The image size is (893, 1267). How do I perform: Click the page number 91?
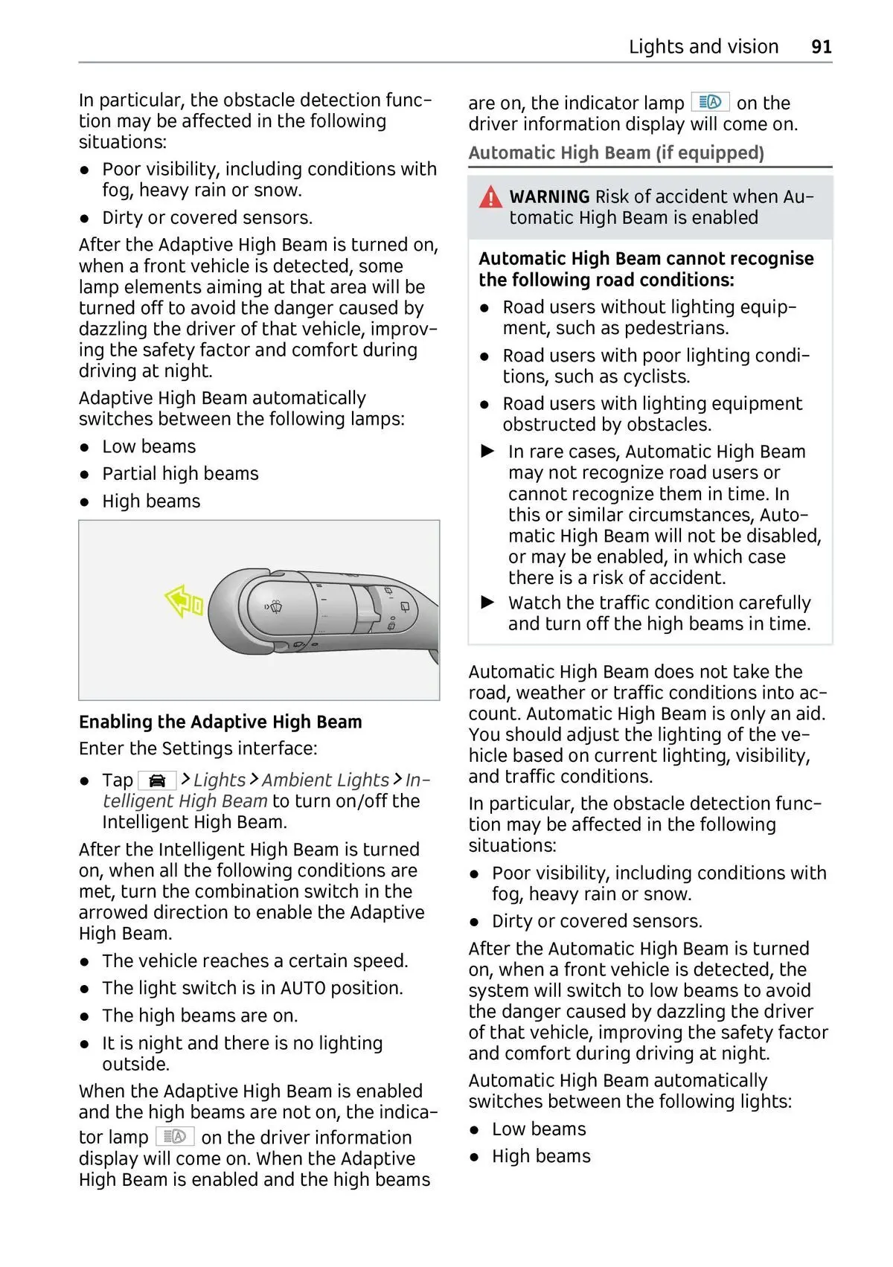pyautogui.click(x=821, y=47)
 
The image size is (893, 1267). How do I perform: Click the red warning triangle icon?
pyautogui.click(x=490, y=197)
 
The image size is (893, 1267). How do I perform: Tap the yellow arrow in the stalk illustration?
pyautogui.click(x=183, y=601)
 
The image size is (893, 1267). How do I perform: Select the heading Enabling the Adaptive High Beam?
pyautogui.click(x=220, y=722)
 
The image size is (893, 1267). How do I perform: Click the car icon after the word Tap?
pyautogui.click(x=157, y=780)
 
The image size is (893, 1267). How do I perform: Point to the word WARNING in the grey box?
pyautogui.click(x=549, y=196)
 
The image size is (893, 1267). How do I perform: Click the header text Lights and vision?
pyautogui.click(x=703, y=47)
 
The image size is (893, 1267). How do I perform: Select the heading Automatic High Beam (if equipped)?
pyautogui.click(x=616, y=153)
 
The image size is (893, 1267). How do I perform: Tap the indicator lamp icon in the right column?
pyautogui.click(x=710, y=102)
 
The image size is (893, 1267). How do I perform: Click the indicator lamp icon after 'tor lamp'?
pyautogui.click(x=175, y=1137)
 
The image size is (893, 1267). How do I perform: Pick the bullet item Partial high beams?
pyautogui.click(x=180, y=474)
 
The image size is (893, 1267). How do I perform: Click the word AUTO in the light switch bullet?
pyautogui.click(x=303, y=988)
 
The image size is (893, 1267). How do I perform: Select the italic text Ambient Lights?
pyautogui.click(x=325, y=780)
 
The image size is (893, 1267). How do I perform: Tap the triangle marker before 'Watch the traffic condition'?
pyautogui.click(x=488, y=602)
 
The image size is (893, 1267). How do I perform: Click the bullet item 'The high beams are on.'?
pyautogui.click(x=199, y=1016)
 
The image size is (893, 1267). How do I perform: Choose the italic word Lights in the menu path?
pyautogui.click(x=219, y=780)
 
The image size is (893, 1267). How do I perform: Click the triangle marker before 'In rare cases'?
pyautogui.click(x=488, y=451)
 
